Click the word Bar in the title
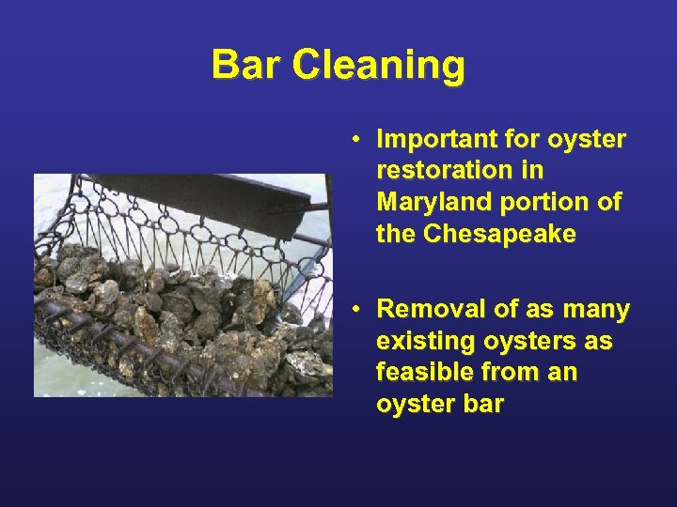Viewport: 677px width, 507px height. [x=246, y=65]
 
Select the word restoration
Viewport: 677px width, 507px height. [x=433, y=172]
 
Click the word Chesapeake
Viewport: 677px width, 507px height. [x=499, y=235]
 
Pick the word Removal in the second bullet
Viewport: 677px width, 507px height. [x=426, y=310]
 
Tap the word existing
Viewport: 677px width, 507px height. [x=415, y=342]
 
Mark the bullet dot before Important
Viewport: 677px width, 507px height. [x=359, y=140]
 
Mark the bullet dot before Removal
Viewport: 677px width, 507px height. [x=359, y=310]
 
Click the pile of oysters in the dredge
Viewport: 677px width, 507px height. [x=169, y=310]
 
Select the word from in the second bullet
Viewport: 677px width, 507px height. [x=512, y=373]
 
